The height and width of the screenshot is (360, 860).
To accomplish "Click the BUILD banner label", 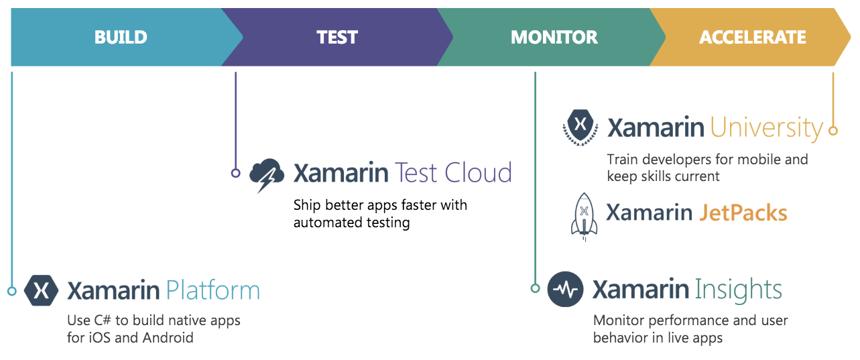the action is pos(121,38).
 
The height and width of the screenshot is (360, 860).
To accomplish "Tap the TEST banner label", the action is pos(337,38).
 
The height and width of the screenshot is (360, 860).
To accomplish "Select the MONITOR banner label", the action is pos(554,38).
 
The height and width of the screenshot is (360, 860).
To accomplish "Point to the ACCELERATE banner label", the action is pos(753,38).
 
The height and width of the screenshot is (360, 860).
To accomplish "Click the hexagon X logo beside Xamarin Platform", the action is pos(41,290).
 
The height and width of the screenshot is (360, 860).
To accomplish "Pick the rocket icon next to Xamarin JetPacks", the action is pos(584,217).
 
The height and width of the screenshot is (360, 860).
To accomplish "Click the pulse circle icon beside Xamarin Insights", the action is pos(565,289).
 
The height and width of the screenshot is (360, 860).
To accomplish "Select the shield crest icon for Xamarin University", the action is pos(580,127).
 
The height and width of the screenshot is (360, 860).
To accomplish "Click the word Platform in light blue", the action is pos(213,291).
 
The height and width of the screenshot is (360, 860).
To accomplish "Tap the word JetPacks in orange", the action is pos(743,213).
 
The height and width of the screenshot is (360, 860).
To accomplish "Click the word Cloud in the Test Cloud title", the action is pos(479,173).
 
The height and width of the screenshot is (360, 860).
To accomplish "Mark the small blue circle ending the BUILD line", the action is pos(12,291).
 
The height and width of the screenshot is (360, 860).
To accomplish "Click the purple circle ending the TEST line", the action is pos(236,173).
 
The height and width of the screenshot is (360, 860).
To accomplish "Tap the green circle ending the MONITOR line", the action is pos(535,288).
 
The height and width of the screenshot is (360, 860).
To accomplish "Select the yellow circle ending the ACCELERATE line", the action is pos(833,131).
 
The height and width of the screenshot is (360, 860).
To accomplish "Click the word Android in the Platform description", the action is pos(168,338).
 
